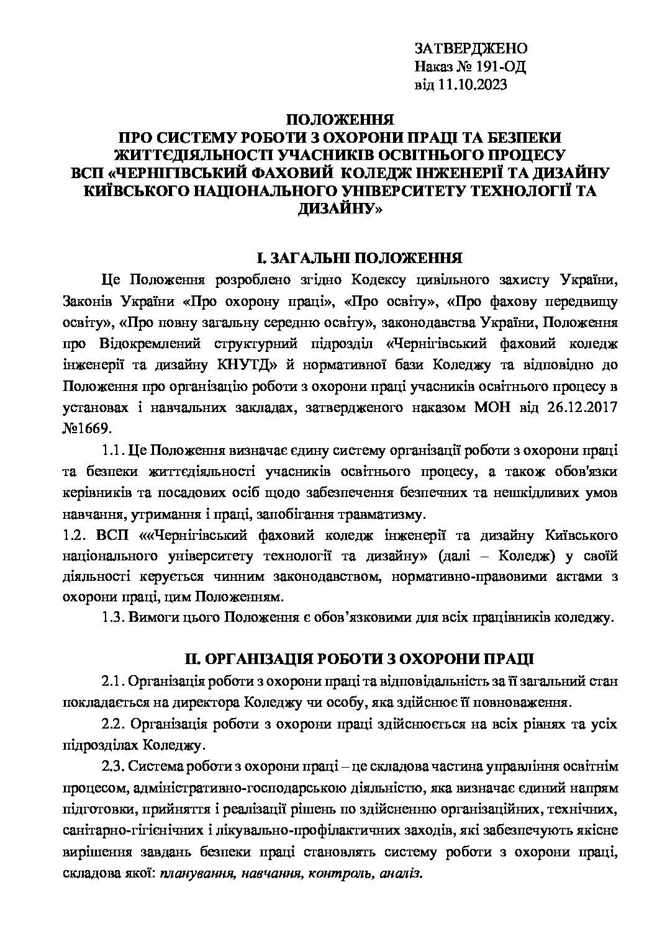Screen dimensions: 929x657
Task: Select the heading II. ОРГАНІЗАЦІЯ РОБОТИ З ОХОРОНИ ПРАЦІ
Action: (358, 660)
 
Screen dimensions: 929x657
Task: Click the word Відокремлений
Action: (155, 344)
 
